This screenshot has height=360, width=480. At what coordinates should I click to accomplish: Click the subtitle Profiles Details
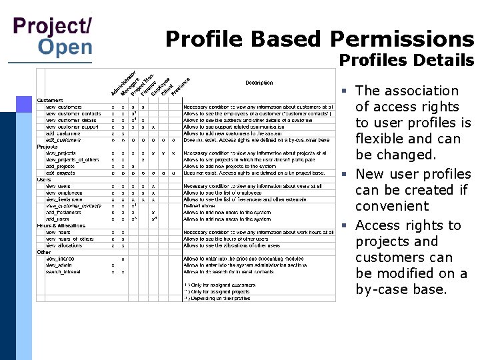[x=407, y=61]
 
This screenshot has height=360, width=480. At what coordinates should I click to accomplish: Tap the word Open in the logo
[x=65, y=47]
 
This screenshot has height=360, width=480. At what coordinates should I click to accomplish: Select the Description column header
[x=259, y=83]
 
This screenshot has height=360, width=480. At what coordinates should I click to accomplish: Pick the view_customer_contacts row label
[x=73, y=113]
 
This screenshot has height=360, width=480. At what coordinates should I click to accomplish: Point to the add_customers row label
[x=63, y=133]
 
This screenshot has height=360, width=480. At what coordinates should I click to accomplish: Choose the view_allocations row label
[x=68, y=245]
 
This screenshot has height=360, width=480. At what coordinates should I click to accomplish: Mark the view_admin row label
[x=61, y=265]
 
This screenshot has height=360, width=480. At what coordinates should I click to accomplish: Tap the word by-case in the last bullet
[x=378, y=289]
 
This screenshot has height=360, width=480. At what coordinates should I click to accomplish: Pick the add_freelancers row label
[x=64, y=213]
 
